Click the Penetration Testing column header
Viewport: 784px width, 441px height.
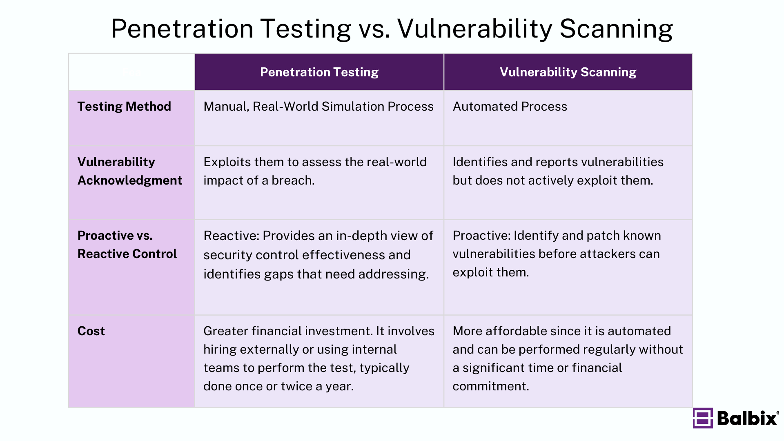click(x=319, y=72)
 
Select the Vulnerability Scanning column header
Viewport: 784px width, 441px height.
click(x=568, y=72)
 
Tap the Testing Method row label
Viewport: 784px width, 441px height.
click(x=124, y=107)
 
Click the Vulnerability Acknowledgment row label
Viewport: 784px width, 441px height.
click(x=129, y=171)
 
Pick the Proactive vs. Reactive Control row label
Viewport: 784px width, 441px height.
click(x=127, y=245)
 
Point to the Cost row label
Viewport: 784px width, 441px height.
click(x=91, y=331)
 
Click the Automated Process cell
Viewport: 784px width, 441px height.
click(x=510, y=107)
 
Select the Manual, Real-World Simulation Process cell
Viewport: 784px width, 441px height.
click(x=318, y=107)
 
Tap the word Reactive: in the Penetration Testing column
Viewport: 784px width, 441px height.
click(x=231, y=236)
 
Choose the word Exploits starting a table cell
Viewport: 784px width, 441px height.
click(x=227, y=162)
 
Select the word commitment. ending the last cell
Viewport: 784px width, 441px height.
click(x=490, y=386)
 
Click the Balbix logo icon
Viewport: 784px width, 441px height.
click(x=702, y=418)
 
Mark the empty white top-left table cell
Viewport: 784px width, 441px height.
click(x=131, y=72)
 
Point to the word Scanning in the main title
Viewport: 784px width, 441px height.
click(x=616, y=29)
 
